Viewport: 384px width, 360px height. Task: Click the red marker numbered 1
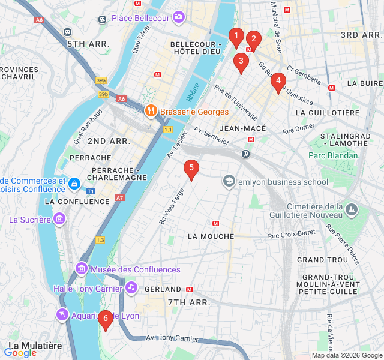tap(236, 38)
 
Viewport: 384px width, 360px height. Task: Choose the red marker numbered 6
tap(106, 320)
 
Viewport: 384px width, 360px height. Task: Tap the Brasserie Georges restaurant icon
tap(151, 111)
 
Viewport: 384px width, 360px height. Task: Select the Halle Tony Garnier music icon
tap(131, 287)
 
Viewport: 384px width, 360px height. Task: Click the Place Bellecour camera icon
tap(178, 18)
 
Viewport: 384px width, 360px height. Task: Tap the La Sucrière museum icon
tap(59, 220)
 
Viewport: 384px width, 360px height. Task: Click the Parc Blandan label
tap(332, 155)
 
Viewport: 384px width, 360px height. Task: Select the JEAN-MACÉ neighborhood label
tap(242, 128)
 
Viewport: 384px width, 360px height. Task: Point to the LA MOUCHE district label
tap(211, 236)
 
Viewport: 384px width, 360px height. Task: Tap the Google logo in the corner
tap(20, 353)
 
